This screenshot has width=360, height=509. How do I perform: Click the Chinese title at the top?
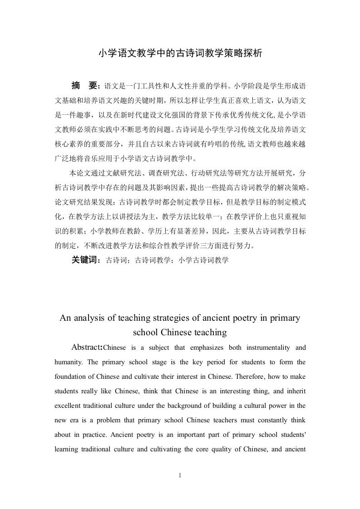click(x=180, y=53)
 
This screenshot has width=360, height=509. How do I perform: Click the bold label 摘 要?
click(x=84, y=86)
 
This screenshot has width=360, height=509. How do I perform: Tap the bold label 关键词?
click(x=85, y=260)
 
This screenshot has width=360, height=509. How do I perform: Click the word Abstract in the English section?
click(x=87, y=348)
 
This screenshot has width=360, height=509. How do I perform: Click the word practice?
click(x=92, y=435)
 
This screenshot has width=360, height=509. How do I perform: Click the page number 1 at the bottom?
click(x=180, y=476)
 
